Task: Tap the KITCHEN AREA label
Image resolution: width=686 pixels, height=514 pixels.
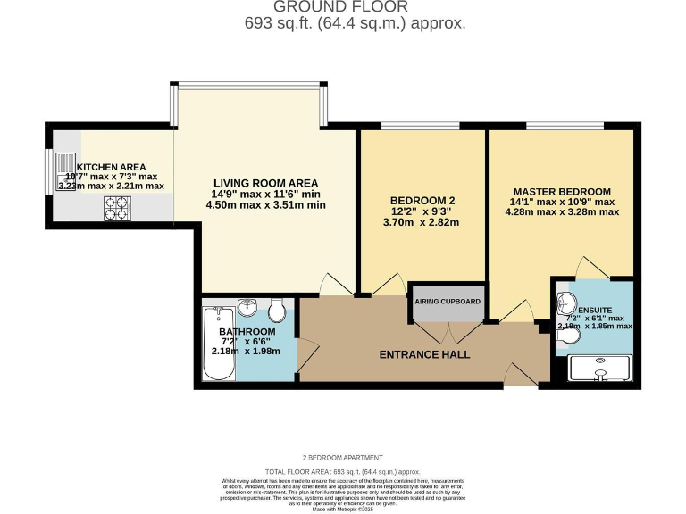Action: tap(111, 167)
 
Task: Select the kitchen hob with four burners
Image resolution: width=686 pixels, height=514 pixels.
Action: tap(116, 208)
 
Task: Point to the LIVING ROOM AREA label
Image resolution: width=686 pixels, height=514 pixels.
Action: tap(264, 183)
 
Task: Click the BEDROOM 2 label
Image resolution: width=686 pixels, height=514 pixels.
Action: tap(423, 200)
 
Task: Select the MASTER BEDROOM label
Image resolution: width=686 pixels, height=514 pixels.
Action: tap(561, 192)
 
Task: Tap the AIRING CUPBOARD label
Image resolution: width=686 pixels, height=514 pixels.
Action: tap(448, 302)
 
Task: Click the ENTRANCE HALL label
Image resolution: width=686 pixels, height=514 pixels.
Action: tap(424, 354)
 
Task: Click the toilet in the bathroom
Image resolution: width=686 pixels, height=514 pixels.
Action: tap(277, 310)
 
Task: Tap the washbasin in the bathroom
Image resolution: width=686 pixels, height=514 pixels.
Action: tap(247, 308)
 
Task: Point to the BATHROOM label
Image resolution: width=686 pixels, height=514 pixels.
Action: tap(247, 332)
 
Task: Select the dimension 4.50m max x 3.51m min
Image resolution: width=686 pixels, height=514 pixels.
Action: tap(264, 204)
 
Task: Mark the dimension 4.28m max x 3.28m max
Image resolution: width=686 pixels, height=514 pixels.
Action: tap(561, 212)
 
